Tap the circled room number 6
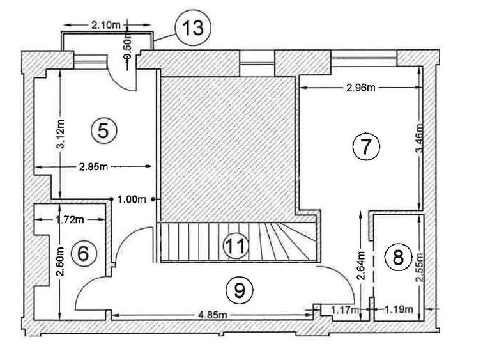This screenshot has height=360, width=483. click(82, 253)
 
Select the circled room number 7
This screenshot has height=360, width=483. click(366, 147)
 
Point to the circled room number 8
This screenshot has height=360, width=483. click(398, 258)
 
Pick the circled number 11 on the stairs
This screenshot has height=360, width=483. click(237, 246)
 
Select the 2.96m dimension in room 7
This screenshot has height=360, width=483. click(360, 88)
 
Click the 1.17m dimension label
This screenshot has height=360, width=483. click(344, 310)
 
